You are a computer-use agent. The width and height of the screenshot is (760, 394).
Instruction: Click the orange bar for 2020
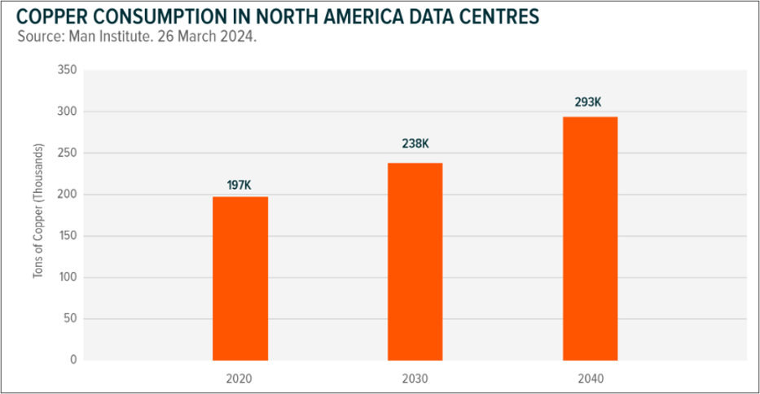(x=240, y=278)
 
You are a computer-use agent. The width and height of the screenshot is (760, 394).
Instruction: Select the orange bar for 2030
(x=415, y=260)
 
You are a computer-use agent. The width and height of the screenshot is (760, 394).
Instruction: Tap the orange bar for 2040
(x=590, y=238)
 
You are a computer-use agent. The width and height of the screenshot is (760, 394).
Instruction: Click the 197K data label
(x=240, y=186)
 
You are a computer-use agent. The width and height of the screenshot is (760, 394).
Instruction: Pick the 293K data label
(x=590, y=103)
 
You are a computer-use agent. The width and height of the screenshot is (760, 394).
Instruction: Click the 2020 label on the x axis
(x=240, y=379)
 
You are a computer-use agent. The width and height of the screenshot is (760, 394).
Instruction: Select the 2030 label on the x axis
(x=415, y=379)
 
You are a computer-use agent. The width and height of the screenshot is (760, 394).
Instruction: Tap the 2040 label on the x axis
(x=590, y=379)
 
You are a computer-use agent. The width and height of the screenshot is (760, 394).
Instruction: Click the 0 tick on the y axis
(x=72, y=360)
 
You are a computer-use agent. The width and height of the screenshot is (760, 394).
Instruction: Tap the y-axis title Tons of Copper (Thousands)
(x=37, y=215)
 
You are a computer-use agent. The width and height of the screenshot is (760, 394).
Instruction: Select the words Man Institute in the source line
(x=103, y=37)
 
